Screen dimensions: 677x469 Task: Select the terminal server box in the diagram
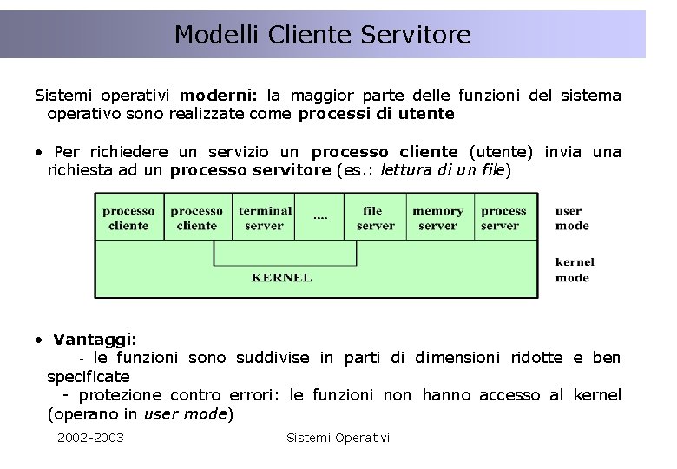265,218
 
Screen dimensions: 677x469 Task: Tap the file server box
375,218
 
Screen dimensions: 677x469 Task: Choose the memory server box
437,218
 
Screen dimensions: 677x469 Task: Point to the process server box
503,218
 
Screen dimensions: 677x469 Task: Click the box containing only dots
320,215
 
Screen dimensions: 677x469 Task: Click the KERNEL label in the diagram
282,278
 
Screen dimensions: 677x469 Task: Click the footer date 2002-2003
90,437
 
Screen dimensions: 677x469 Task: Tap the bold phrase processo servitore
250,169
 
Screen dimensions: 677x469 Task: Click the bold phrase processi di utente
376,113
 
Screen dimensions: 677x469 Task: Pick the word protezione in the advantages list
131,395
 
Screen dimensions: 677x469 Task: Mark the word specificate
89,376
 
